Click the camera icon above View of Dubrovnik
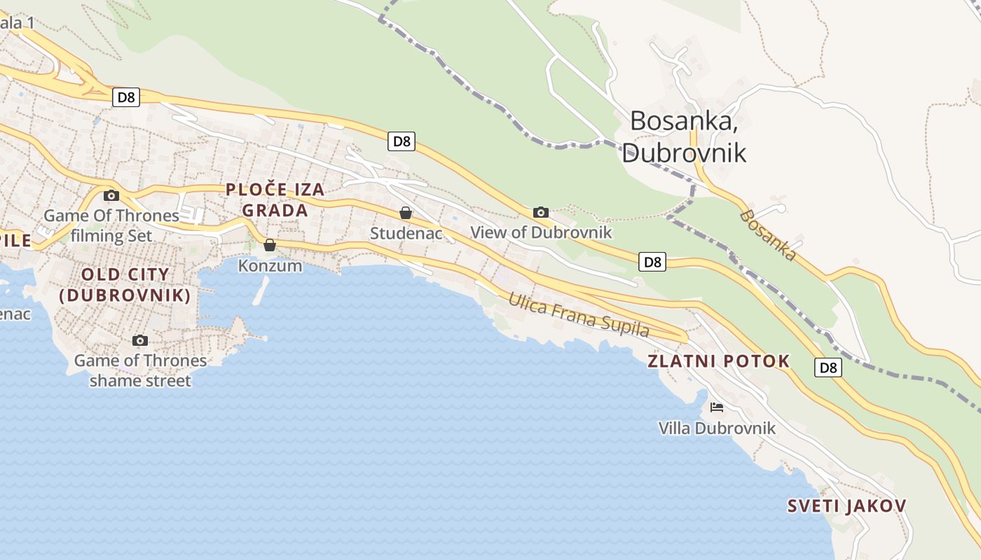[x=540, y=212]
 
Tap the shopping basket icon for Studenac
[x=405, y=213]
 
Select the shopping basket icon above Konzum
[x=270, y=245]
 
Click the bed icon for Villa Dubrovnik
[x=716, y=407]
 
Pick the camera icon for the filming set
[x=111, y=195]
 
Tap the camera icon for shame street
[x=140, y=340]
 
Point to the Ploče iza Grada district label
[x=275, y=199]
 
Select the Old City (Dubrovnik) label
[x=125, y=284]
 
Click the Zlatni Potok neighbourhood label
[x=718, y=361]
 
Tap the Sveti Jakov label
[x=846, y=506]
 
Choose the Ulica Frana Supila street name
[x=579, y=315]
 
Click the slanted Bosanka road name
[x=768, y=235]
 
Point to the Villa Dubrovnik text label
[x=717, y=428]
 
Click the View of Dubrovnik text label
[x=541, y=232]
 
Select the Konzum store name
[x=270, y=266]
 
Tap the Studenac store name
[x=406, y=233]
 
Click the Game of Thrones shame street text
[x=140, y=370]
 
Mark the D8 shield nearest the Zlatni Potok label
[x=828, y=367]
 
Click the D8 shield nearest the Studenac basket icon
[x=402, y=141]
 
